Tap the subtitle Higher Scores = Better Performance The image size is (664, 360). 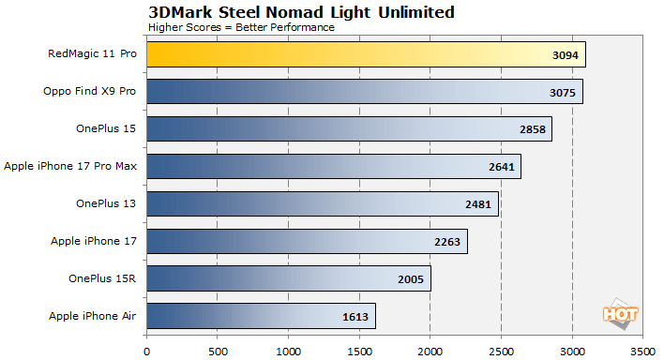tap(241, 27)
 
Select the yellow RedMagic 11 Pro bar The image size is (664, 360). tap(366, 54)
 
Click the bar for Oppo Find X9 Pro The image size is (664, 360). tap(365, 92)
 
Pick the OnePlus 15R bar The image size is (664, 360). tap(289, 278)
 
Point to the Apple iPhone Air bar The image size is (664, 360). tap(261, 316)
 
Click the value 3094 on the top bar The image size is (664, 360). tap(568, 55)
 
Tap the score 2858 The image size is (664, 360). tap(535, 130)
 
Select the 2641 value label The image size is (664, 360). tap(504, 167)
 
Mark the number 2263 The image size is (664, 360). tap(450, 242)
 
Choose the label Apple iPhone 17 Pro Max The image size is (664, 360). tap(70, 167)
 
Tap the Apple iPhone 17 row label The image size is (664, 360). tap(94, 242)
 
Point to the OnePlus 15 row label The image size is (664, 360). tap(106, 129)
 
